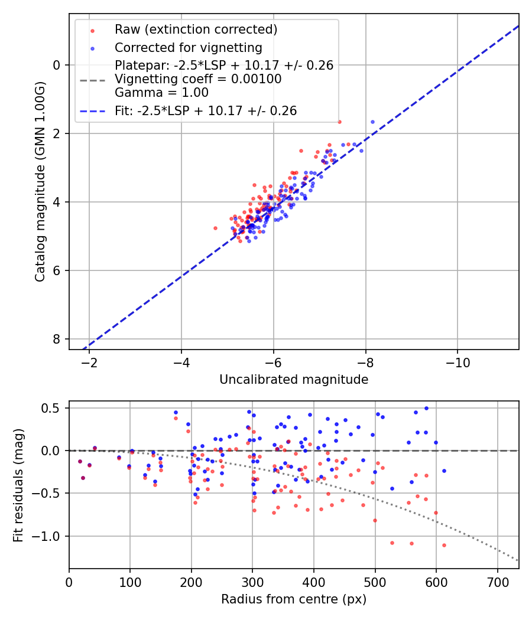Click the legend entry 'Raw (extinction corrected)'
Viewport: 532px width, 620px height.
point(196,30)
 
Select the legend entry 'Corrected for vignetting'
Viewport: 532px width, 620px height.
point(188,47)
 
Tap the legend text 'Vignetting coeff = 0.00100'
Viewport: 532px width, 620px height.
point(198,79)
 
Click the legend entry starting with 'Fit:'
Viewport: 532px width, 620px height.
point(206,110)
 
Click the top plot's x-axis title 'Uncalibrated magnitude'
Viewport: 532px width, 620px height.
point(294,380)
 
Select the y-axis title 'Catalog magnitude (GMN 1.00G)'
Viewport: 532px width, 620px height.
point(40,181)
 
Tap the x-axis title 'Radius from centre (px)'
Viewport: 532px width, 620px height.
point(294,599)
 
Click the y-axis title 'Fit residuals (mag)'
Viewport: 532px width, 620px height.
point(18,485)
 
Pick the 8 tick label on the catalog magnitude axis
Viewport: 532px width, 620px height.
point(57,339)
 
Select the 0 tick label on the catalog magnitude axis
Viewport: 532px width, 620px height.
point(57,65)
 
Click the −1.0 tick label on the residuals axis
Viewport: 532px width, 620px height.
point(48,536)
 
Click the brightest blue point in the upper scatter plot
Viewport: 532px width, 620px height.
point(372,122)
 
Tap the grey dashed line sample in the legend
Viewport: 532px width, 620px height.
point(92,79)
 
